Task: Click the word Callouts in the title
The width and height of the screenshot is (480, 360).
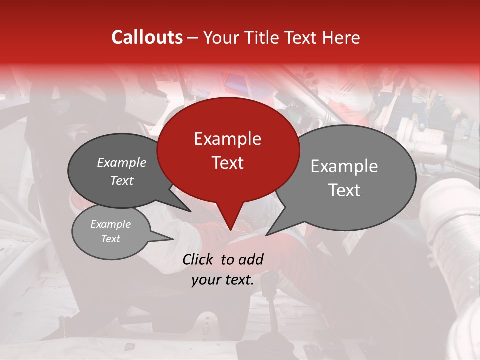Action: point(147,37)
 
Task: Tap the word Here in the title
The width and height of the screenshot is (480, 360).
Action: point(341,37)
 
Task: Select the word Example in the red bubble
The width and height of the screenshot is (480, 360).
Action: point(227,139)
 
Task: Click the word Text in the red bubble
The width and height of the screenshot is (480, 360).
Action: point(227,162)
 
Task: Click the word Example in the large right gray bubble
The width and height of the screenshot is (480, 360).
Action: point(344,166)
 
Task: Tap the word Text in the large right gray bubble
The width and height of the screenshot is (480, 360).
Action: point(344,190)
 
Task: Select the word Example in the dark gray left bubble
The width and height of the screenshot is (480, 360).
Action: point(121,162)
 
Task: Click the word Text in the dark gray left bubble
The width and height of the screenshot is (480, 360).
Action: point(121,180)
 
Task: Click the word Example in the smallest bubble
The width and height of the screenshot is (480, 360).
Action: point(110,224)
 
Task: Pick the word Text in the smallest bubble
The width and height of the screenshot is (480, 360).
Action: point(110,239)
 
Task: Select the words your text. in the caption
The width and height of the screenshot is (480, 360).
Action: point(222,280)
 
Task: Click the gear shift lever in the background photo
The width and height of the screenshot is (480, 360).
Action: point(272,300)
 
